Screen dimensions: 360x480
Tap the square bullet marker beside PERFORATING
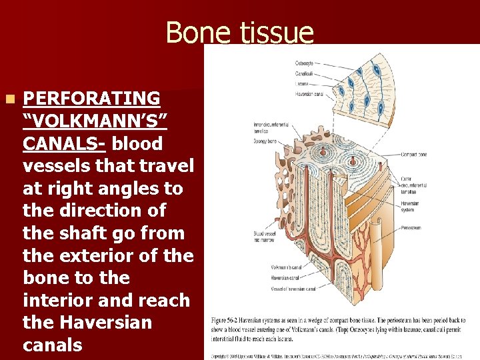pyautogui.click(x=9, y=99)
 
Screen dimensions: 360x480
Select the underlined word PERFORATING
pyautogui.click(x=91, y=99)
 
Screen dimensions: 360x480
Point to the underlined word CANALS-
pyautogui.click(x=63, y=144)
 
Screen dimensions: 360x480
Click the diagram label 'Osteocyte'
pyautogui.click(x=304, y=63)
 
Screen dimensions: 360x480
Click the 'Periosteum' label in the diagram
pyautogui.click(x=414, y=228)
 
